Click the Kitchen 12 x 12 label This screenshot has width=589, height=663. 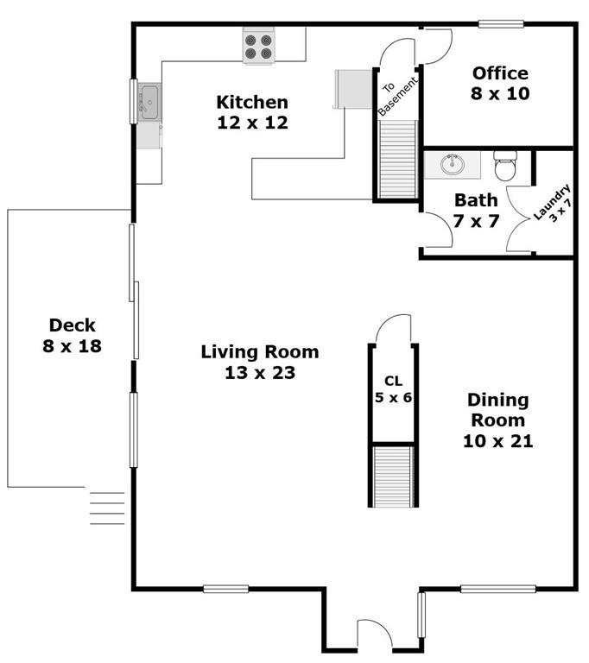point(252,112)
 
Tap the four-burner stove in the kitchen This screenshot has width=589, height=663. point(259,47)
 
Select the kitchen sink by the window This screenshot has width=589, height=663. point(149,102)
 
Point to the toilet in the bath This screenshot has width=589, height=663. point(505,166)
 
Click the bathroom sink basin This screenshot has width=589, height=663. point(452,164)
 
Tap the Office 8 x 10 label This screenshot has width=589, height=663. point(500,83)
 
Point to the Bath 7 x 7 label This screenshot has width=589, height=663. point(476,211)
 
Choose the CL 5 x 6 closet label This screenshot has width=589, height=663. point(394,389)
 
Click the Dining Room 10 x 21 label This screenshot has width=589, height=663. point(498,420)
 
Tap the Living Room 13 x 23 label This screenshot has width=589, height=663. point(260,363)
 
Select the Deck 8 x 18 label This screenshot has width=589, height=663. point(72,336)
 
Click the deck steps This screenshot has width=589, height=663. point(107,508)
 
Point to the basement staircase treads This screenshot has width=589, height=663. point(398,159)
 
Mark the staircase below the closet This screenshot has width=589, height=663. point(394,477)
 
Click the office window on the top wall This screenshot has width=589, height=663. point(502,24)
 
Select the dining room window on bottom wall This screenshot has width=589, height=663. point(498,589)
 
